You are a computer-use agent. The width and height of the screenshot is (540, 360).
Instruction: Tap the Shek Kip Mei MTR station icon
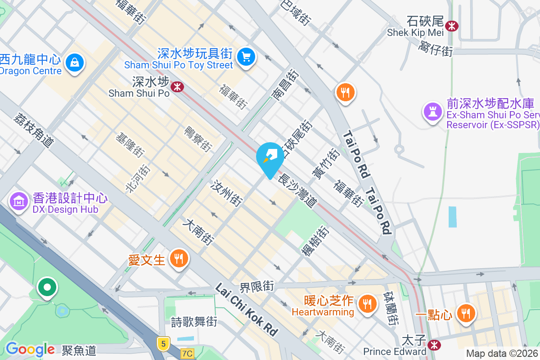pyautogui.click(x=451, y=26)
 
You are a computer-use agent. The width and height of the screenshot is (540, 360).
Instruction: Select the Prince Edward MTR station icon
pyautogui.click(x=434, y=345)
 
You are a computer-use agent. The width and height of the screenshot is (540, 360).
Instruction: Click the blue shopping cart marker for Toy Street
pyautogui.click(x=246, y=57)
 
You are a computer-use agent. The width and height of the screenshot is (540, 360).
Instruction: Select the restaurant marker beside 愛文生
pyautogui.click(x=179, y=258)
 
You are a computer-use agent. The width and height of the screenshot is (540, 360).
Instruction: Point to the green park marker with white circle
pyautogui.click(x=47, y=286)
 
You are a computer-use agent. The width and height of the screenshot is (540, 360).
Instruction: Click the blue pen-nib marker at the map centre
pyautogui.click(x=270, y=156)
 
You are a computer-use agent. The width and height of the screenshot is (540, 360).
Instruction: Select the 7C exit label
pyautogui.click(x=188, y=354)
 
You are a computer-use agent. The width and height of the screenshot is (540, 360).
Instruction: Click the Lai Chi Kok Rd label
pyautogui.click(x=246, y=309)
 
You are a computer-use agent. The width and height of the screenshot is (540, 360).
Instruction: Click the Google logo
pyautogui.click(x=30, y=349)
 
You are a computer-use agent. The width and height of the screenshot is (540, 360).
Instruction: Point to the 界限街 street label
pyautogui.click(x=256, y=286)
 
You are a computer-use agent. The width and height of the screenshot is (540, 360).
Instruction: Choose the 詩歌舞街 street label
pyautogui.click(x=194, y=322)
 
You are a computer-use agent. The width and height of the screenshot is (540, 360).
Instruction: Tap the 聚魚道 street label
pyautogui.click(x=79, y=350)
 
